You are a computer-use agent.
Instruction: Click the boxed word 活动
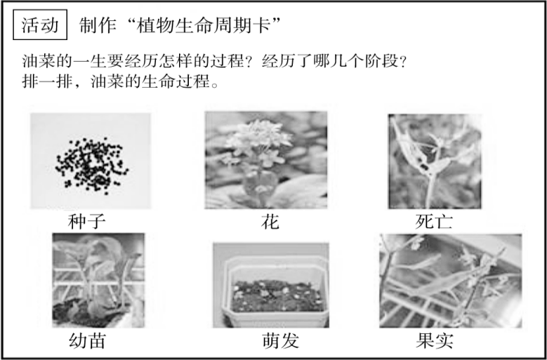coord(41,26)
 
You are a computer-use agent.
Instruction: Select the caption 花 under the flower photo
coord(270,222)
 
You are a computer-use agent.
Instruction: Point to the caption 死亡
coord(435,222)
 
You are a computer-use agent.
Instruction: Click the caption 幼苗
coord(87,342)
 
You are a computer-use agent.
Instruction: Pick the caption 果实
coord(435,342)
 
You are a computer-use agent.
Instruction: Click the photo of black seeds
coord(90,161)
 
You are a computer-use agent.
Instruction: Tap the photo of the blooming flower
coord(266,160)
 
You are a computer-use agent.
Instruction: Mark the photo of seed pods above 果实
coord(450,281)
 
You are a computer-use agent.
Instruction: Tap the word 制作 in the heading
coord(96,26)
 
